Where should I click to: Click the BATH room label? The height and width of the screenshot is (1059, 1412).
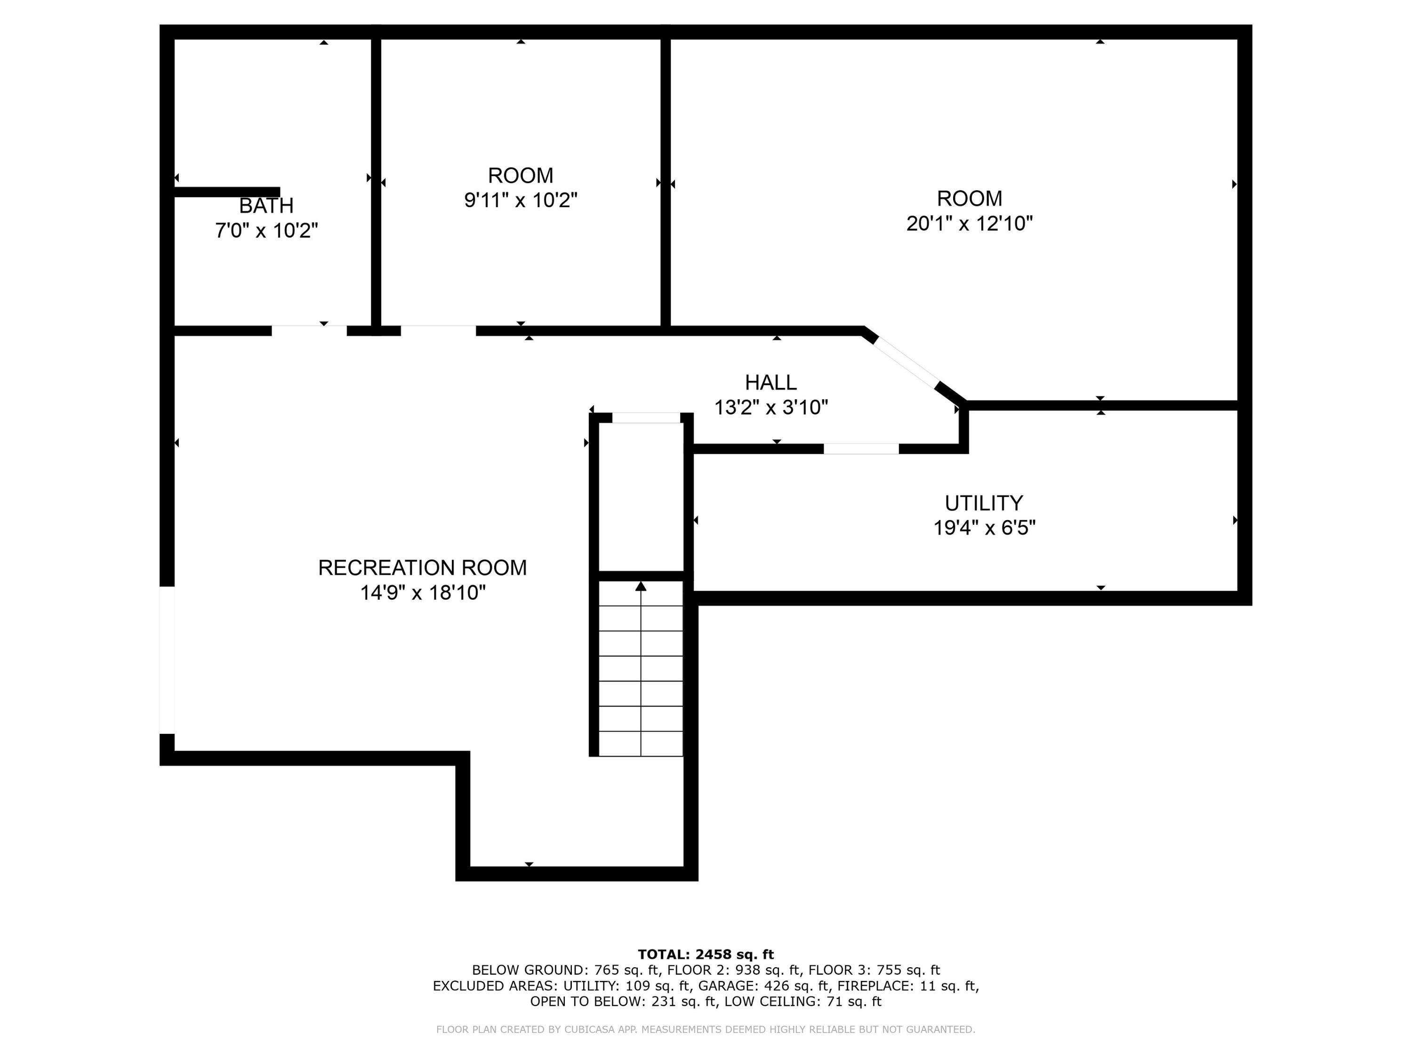[266, 206]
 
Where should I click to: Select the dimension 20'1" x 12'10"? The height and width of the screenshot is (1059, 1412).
[969, 224]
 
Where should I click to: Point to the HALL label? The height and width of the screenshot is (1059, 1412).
[770, 382]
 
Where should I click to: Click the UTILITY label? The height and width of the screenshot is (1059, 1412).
[984, 503]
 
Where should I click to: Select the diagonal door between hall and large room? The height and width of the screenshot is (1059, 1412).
[905, 362]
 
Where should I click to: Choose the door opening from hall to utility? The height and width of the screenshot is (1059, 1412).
[861, 449]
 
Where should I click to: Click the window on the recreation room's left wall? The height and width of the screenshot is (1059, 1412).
[167, 659]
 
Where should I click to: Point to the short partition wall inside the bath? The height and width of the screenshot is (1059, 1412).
[226, 192]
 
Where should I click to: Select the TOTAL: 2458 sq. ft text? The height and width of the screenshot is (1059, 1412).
[706, 955]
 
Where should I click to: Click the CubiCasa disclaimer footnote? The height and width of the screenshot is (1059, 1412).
[706, 1029]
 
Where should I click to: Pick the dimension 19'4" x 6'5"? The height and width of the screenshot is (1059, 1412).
[984, 528]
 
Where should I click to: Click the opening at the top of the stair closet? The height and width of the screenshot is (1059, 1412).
[646, 417]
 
